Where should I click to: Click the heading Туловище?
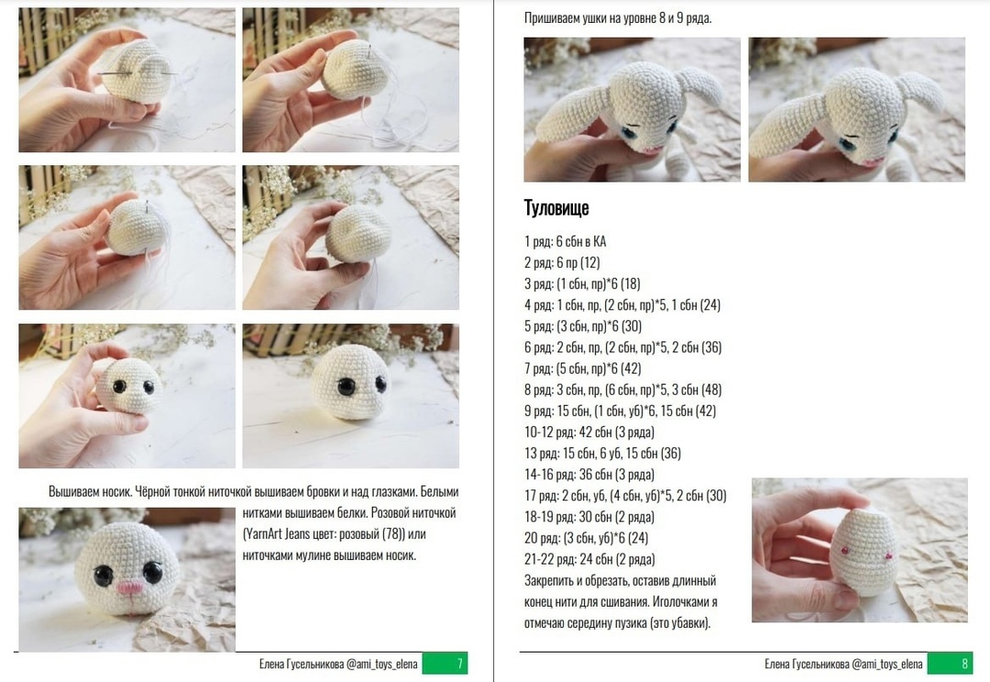coord(556,208)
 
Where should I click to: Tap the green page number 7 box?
coord(445,664)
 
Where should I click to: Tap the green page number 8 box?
coord(950,664)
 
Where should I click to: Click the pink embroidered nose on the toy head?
coord(131,588)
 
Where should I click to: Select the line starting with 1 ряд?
coord(565,241)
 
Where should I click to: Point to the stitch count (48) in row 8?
coord(711,390)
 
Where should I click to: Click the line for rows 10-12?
coord(589,432)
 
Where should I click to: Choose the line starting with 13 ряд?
coord(602,454)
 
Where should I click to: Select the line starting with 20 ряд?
coord(586,538)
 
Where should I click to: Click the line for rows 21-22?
coord(589,559)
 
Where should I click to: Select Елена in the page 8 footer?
coord(776,665)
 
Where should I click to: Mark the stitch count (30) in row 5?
coord(632,326)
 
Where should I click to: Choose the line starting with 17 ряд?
coord(625,496)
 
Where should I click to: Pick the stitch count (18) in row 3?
coord(630,284)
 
